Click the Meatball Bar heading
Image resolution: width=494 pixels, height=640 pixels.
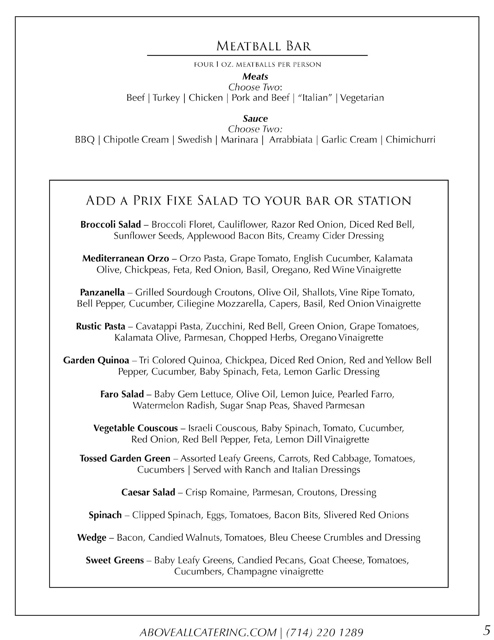click(x=263, y=46)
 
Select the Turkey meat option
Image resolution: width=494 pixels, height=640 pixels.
click(x=166, y=98)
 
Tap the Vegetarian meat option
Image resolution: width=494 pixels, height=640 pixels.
click(x=362, y=98)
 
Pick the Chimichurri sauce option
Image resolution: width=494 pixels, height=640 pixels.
click(x=410, y=140)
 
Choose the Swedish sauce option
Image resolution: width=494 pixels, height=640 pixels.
click(x=195, y=140)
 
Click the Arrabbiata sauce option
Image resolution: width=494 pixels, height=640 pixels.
click(x=291, y=140)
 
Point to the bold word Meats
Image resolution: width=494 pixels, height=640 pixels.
click(x=255, y=77)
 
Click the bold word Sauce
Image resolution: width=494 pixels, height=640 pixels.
click(x=255, y=119)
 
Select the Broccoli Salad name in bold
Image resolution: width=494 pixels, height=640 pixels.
click(x=111, y=225)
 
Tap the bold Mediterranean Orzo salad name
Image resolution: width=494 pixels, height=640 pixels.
click(x=125, y=259)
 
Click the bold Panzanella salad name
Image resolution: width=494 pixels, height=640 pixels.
click(x=102, y=293)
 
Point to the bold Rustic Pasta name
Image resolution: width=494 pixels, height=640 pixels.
click(x=101, y=326)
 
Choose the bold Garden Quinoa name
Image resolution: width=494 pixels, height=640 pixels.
click(x=96, y=361)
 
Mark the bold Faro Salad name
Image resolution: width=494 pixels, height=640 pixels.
click(x=122, y=394)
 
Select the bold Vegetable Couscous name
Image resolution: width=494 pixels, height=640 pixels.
click(x=135, y=428)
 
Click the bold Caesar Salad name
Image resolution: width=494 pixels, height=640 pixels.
click(x=148, y=493)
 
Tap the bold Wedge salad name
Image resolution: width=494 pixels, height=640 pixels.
click(x=92, y=538)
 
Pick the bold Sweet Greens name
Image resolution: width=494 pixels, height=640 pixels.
click(x=115, y=560)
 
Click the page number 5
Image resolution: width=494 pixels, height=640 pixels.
click(x=487, y=630)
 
